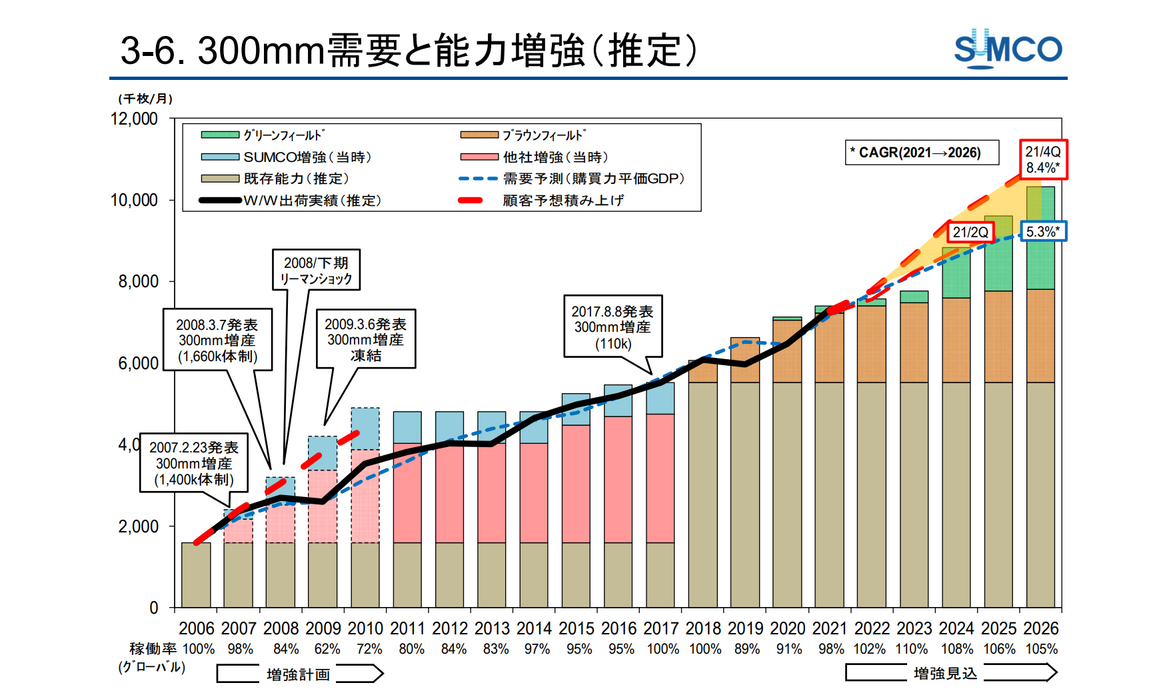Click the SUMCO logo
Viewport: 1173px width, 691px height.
[x=1007, y=49]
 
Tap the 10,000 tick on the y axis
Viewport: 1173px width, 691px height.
[x=134, y=200]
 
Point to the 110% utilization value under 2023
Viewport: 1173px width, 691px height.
[x=911, y=649]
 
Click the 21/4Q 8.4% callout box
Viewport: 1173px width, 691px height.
[x=1042, y=160]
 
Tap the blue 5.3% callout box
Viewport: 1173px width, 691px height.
[x=1042, y=232]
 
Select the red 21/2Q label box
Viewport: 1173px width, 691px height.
[x=970, y=233]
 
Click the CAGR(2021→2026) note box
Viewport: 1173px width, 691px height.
[x=922, y=153]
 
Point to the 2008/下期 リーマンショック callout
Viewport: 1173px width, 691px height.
[x=316, y=271]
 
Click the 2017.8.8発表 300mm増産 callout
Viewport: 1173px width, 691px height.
[x=612, y=327]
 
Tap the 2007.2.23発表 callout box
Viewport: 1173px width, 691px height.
[x=193, y=463]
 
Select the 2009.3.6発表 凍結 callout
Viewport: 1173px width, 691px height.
[x=365, y=339]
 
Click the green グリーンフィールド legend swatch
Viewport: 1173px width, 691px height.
[x=220, y=135]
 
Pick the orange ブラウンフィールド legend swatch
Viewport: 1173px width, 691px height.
[x=479, y=135]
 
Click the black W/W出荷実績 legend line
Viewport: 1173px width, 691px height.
[x=220, y=200]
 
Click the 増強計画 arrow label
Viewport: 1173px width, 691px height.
[x=298, y=674]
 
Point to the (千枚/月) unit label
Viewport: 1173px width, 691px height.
[x=145, y=99]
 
